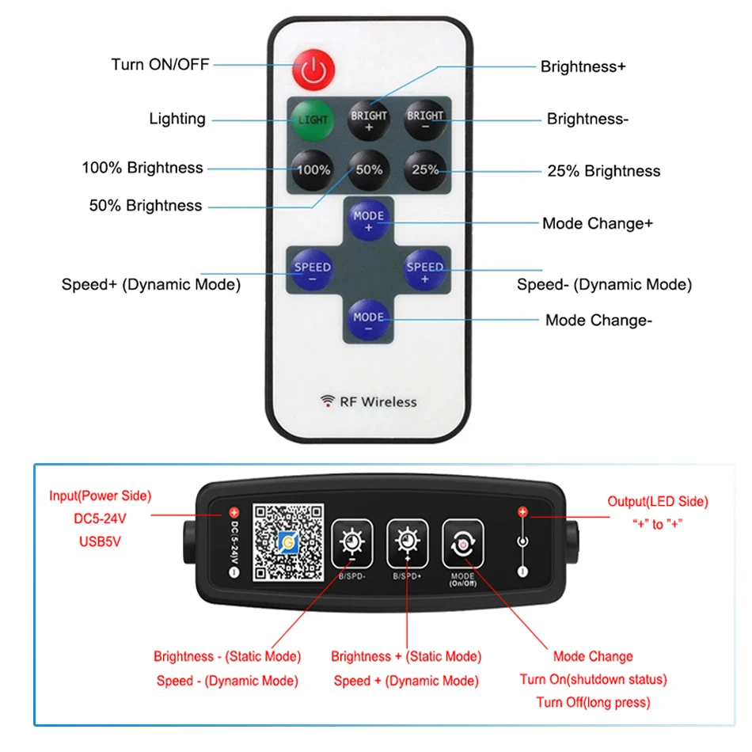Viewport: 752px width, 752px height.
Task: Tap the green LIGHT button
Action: (x=313, y=120)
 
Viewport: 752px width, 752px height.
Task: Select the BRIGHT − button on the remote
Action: (x=425, y=120)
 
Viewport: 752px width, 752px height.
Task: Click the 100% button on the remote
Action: (x=313, y=169)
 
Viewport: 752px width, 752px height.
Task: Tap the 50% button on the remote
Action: (x=369, y=169)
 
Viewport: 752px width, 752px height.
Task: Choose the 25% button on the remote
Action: (x=425, y=169)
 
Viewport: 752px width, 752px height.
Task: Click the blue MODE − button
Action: (x=369, y=321)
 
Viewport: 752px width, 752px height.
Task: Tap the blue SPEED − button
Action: (x=313, y=272)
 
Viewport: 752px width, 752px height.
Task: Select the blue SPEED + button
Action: (x=425, y=272)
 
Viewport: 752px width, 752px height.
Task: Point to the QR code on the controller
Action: (x=289, y=542)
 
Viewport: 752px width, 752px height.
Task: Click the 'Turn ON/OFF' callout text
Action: (x=160, y=64)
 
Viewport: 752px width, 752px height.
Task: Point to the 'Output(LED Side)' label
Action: (x=657, y=501)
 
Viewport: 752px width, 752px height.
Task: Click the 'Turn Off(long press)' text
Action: (x=593, y=702)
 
